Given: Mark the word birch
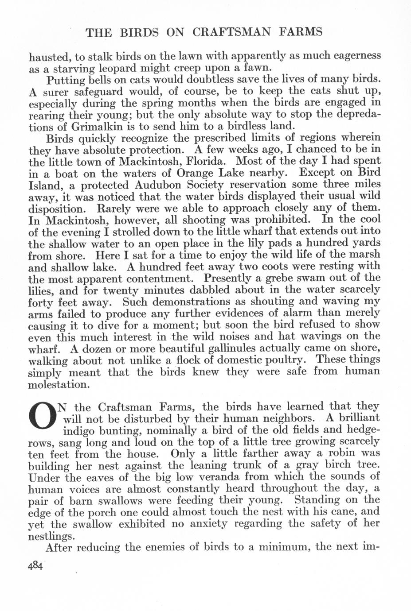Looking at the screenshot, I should pyautogui.click(x=337, y=465).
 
